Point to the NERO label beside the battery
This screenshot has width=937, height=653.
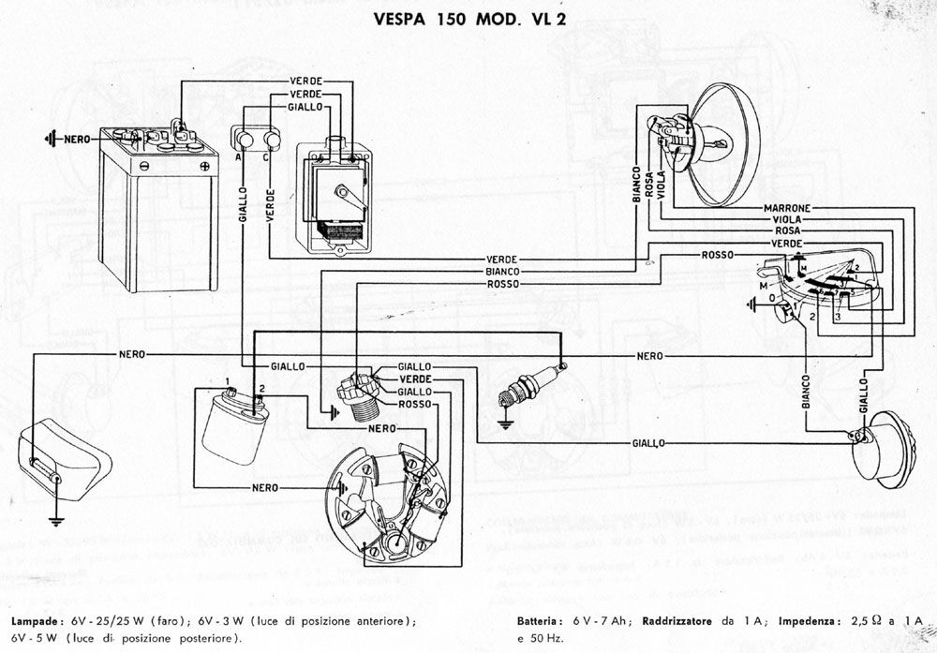point(77,139)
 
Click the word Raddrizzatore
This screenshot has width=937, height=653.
point(676,621)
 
